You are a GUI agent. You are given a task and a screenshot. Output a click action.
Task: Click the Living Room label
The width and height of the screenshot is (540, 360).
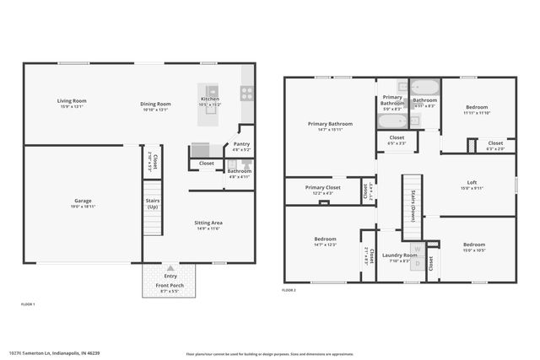pyautogui.click(x=73, y=101)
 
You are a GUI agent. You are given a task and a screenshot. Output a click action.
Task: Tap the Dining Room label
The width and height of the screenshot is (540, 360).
pyautogui.click(x=155, y=104)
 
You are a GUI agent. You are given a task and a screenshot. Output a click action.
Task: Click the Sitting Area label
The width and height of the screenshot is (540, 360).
pyautogui.click(x=208, y=223)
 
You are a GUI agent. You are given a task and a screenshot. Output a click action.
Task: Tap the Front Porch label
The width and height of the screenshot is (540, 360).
pyautogui.click(x=170, y=287)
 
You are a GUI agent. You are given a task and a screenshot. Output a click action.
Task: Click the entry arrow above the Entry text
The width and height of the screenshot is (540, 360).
pyautogui.click(x=170, y=267)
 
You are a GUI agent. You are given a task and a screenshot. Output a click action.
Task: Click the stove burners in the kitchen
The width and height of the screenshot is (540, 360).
pyautogui.click(x=247, y=94)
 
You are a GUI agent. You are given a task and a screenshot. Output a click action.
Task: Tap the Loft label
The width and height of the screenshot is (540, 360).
pyautogui.click(x=472, y=183)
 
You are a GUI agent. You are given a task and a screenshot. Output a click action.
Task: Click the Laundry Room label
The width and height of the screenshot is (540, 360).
pyautogui.click(x=399, y=255)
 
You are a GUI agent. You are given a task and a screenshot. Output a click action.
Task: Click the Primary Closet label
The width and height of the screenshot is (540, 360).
pyautogui.click(x=322, y=187)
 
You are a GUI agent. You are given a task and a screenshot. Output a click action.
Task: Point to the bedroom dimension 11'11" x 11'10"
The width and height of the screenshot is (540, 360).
pyautogui.click(x=476, y=113)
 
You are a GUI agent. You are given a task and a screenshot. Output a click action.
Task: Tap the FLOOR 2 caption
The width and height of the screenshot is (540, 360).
pyautogui.click(x=289, y=290)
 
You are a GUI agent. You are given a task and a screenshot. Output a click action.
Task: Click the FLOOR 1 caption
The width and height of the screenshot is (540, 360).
pyautogui.click(x=28, y=304)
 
